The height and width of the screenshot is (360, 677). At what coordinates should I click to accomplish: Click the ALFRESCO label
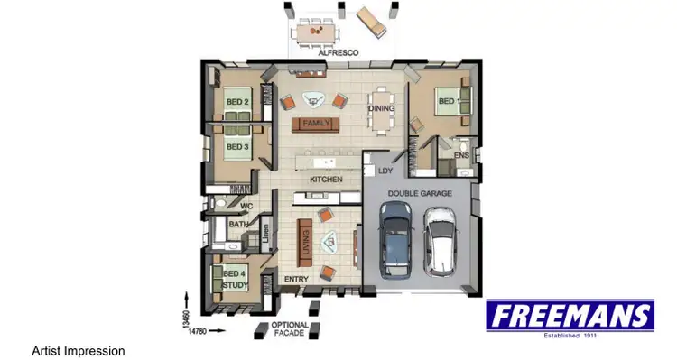pos(338,53)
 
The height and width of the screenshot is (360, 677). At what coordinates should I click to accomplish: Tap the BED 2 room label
pos(237,102)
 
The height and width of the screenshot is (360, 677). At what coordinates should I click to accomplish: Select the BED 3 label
pos(236,147)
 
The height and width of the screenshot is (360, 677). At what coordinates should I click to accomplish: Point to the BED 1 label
pos(447,101)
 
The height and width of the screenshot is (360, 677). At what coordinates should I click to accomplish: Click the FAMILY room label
pos(316,123)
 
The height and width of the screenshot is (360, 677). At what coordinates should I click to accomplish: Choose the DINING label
pos(381,109)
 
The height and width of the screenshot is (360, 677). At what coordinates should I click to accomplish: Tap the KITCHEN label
pos(326,180)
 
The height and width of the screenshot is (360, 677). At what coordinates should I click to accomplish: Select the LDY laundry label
pos(385,171)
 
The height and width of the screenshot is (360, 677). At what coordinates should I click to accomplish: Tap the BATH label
pos(238,225)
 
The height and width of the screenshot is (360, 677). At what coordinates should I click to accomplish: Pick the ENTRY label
pos(296,279)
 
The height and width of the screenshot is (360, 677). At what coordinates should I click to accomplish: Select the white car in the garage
pos(441,241)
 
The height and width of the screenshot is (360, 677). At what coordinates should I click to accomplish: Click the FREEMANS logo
pos(570,317)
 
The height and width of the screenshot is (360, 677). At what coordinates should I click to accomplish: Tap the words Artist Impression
pos(78,350)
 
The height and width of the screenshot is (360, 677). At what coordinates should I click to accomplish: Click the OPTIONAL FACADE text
pos(291,329)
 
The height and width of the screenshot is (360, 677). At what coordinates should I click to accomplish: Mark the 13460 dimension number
pos(184,319)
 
